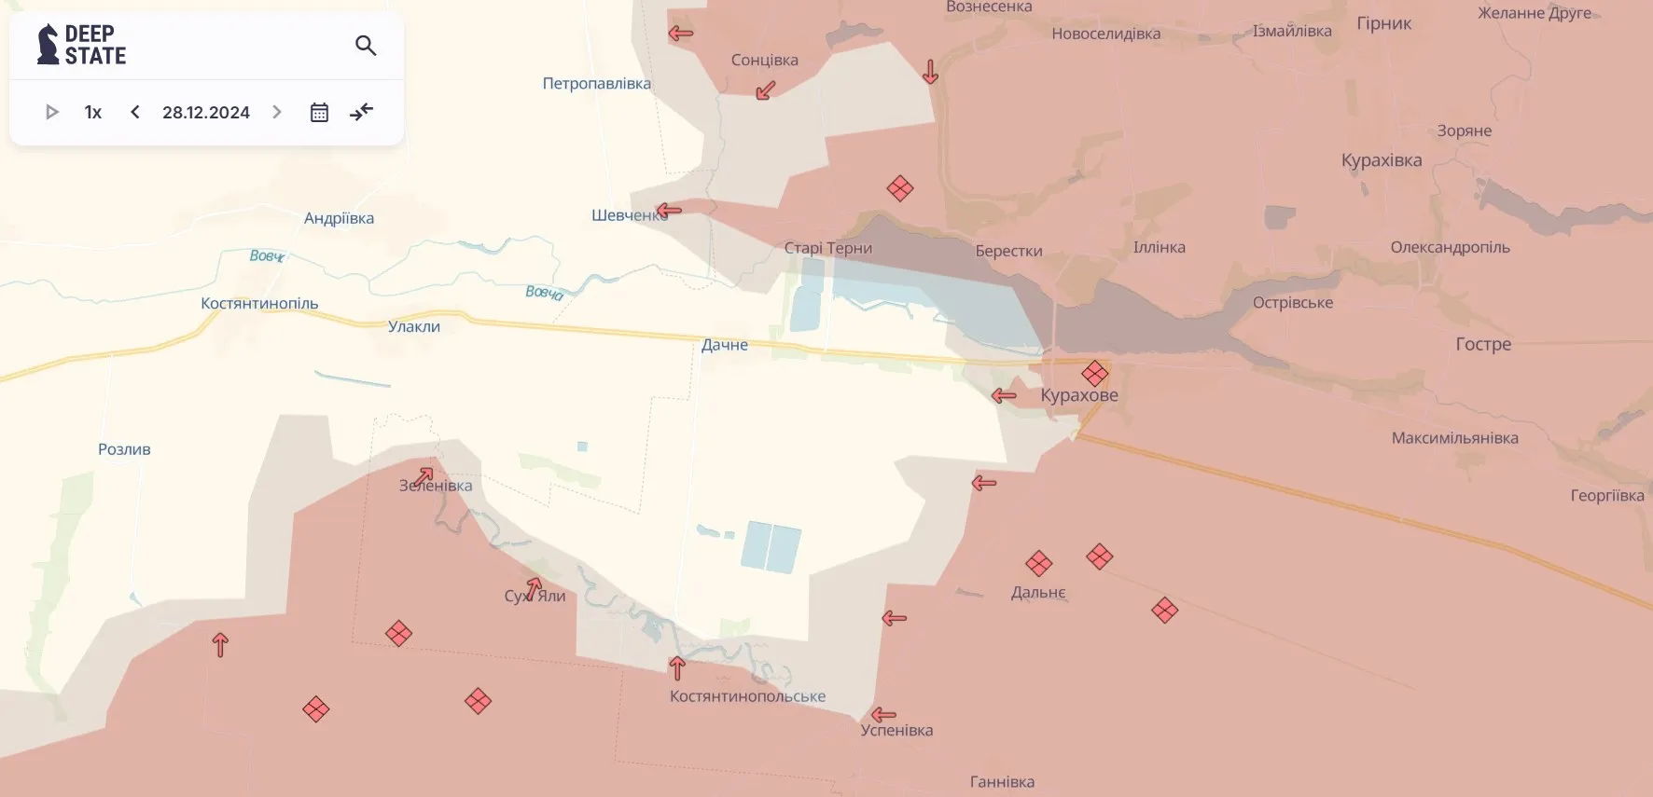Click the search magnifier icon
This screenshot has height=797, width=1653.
pos(366,46)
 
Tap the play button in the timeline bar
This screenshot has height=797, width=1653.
pos(52,112)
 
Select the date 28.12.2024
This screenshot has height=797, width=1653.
pos(206,112)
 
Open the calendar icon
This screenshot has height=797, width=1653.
pos(319,112)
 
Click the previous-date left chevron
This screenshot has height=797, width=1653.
pos(135,112)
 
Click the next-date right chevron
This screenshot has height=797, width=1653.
pos(277,112)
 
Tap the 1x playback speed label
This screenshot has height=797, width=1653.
pos(93,112)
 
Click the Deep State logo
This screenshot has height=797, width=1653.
pos(82,45)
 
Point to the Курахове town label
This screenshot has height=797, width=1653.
pos(1079,395)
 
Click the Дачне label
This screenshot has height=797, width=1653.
pos(725,345)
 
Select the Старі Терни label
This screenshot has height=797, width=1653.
pos(828,248)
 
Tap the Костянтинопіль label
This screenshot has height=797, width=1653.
pos(259,303)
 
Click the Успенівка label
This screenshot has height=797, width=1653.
pos(896,730)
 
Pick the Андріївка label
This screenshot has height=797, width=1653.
pos(339,218)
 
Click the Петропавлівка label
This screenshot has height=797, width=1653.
pos(597,83)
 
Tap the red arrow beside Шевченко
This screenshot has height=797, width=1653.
pos(669,210)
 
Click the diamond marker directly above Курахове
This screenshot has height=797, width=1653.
pos(1095,374)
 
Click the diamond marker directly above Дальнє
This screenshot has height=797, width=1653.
pos(1039,563)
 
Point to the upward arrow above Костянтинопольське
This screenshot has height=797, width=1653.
pos(677,667)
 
